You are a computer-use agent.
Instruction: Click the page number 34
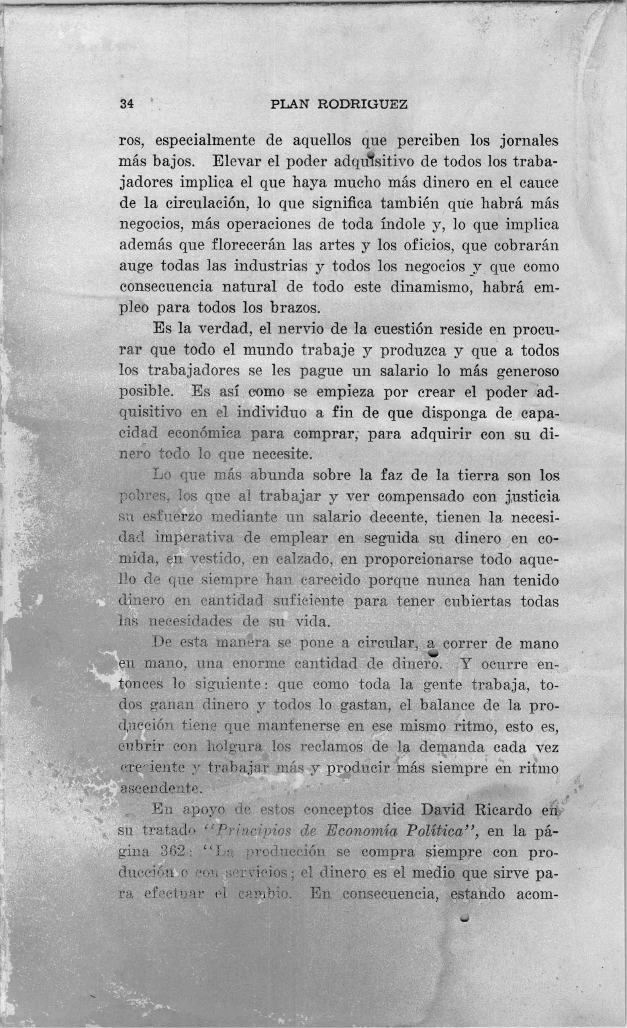pos(126,104)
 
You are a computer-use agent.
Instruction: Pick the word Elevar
pos(236,162)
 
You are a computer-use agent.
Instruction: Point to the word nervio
pos(305,329)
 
